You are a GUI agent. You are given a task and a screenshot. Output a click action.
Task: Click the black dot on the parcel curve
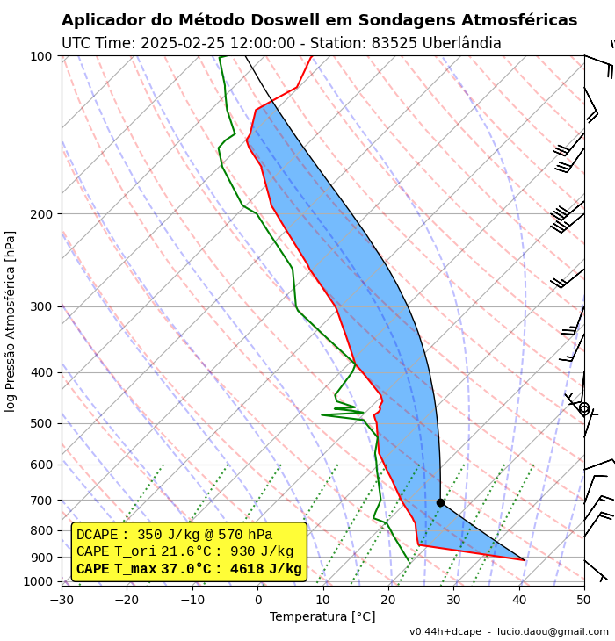pyautogui.click(x=440, y=502)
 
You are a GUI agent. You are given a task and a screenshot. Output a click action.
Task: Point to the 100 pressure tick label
pyautogui.click(x=41, y=56)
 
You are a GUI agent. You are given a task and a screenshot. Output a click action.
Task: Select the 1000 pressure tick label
pyautogui.click(x=38, y=581)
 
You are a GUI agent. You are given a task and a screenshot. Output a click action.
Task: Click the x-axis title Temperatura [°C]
pyautogui.click(x=322, y=617)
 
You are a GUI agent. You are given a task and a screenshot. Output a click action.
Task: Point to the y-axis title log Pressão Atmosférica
pyautogui.click(x=11, y=320)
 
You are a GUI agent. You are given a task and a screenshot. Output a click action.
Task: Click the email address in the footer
pyautogui.click(x=553, y=632)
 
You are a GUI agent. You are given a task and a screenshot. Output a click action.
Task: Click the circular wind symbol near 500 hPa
pyautogui.click(x=583, y=408)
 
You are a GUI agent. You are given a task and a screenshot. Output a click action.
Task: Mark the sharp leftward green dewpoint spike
pyautogui.click(x=322, y=414)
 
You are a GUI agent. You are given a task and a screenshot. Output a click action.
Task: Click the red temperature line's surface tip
pyautogui.click(x=525, y=560)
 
